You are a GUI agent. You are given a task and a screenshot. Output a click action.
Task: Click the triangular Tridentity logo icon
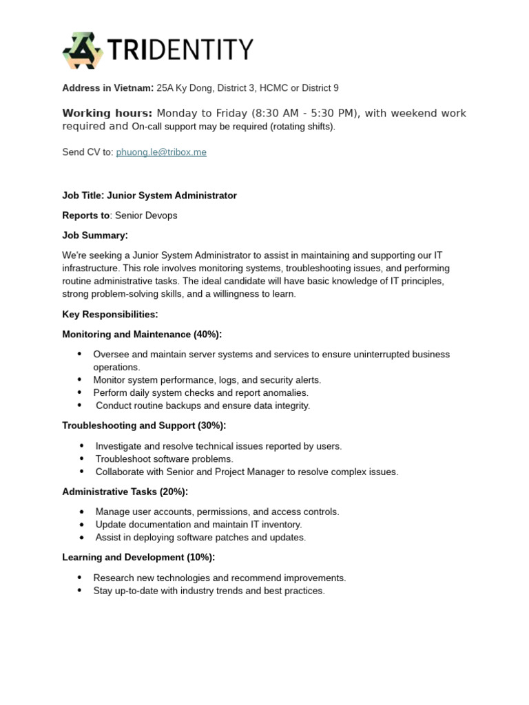click(83, 50)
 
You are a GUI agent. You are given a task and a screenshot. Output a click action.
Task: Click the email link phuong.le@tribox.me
click(161, 152)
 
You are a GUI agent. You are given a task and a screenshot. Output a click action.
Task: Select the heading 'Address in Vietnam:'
click(107, 88)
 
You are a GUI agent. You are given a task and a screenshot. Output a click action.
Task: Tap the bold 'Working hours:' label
click(107, 113)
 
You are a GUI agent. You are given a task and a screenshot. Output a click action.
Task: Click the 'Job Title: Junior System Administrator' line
click(149, 196)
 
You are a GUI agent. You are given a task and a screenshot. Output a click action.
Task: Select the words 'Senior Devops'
click(146, 215)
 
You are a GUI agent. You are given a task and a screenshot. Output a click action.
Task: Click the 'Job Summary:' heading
click(95, 235)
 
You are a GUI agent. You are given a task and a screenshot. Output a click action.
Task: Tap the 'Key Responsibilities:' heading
click(110, 315)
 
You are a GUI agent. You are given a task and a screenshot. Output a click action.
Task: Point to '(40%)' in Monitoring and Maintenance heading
click(207, 335)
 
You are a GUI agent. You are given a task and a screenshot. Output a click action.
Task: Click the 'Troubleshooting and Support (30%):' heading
click(144, 425)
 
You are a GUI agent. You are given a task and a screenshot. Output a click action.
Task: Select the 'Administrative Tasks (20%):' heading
click(125, 492)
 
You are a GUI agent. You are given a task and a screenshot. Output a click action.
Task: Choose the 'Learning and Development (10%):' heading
click(138, 557)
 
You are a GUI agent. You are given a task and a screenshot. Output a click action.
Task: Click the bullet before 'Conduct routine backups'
click(80, 406)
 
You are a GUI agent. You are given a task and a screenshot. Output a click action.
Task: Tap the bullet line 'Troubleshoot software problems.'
click(164, 459)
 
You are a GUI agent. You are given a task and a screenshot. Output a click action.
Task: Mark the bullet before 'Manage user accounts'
click(82, 512)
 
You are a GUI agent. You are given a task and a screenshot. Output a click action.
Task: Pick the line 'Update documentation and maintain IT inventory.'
click(198, 525)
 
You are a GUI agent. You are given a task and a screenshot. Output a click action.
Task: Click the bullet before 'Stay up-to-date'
click(80, 591)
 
